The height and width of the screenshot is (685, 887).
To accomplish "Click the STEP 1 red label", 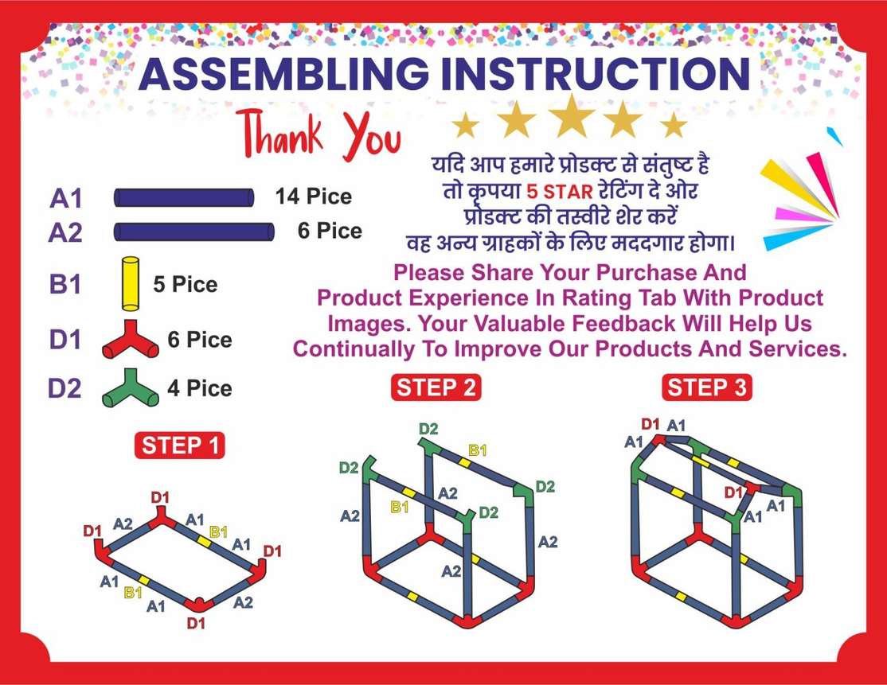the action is click(179, 446).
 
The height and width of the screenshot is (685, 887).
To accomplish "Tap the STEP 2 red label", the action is click(436, 387).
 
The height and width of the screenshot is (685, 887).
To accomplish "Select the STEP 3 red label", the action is click(706, 387).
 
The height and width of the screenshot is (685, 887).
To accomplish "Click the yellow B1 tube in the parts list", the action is click(131, 284).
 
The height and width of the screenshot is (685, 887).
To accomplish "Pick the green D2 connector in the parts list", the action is click(131, 389).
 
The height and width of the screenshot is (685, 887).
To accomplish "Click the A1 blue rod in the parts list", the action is click(185, 198).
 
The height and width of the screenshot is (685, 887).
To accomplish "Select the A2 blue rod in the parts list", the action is click(194, 232).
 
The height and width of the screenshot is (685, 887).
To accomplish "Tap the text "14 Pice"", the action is click(314, 197).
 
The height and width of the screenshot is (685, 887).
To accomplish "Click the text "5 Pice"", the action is click(185, 284).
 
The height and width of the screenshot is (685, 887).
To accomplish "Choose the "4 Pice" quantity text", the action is click(200, 388).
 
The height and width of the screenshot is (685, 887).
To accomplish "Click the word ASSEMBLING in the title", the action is click(284, 74).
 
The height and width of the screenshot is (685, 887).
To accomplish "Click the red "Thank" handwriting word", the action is click(280, 134).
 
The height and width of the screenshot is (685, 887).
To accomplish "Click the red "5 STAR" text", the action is click(560, 192).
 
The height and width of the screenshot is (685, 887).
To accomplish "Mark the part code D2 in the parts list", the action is click(64, 389).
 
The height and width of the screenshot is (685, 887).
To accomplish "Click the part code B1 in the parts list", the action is click(65, 284).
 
